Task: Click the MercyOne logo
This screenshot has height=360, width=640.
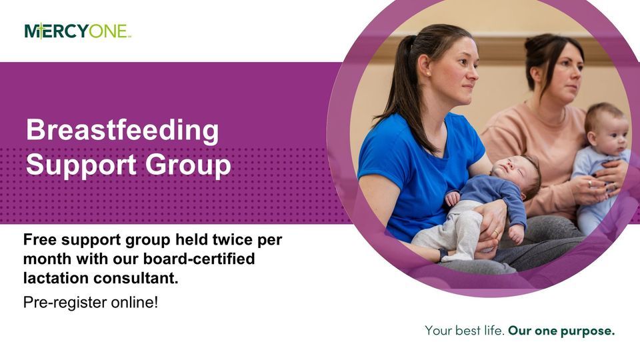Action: [77, 31]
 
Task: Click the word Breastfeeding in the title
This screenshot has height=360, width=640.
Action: [122, 130]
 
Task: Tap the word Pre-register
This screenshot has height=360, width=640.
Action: [59, 302]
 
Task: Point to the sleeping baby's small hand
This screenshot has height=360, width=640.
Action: [454, 198]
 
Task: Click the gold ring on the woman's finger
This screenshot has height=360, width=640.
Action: [495, 232]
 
